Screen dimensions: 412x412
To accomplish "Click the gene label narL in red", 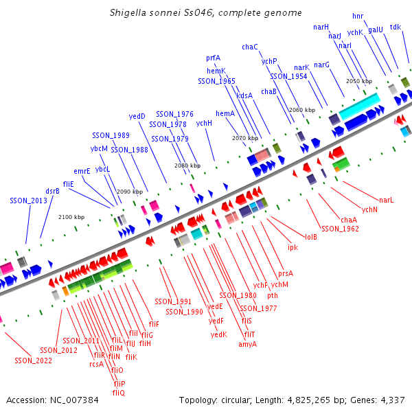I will pos(387,200).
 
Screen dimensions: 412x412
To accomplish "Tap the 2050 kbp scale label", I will pos(358,81).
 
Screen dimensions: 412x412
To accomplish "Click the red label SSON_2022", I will pos(33,360).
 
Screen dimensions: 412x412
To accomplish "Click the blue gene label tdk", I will pos(396,27).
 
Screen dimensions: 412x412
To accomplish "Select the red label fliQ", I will pos(119,393).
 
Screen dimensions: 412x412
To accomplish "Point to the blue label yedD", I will pos(137,116).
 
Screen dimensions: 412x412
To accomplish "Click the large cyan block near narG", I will pos(359,105).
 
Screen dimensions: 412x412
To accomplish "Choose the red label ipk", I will pos(293,247).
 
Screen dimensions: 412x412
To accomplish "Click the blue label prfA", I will pos(213,58).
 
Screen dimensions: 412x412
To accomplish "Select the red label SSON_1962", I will pos(340,229).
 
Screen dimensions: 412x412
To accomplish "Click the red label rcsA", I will pos(96,364).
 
